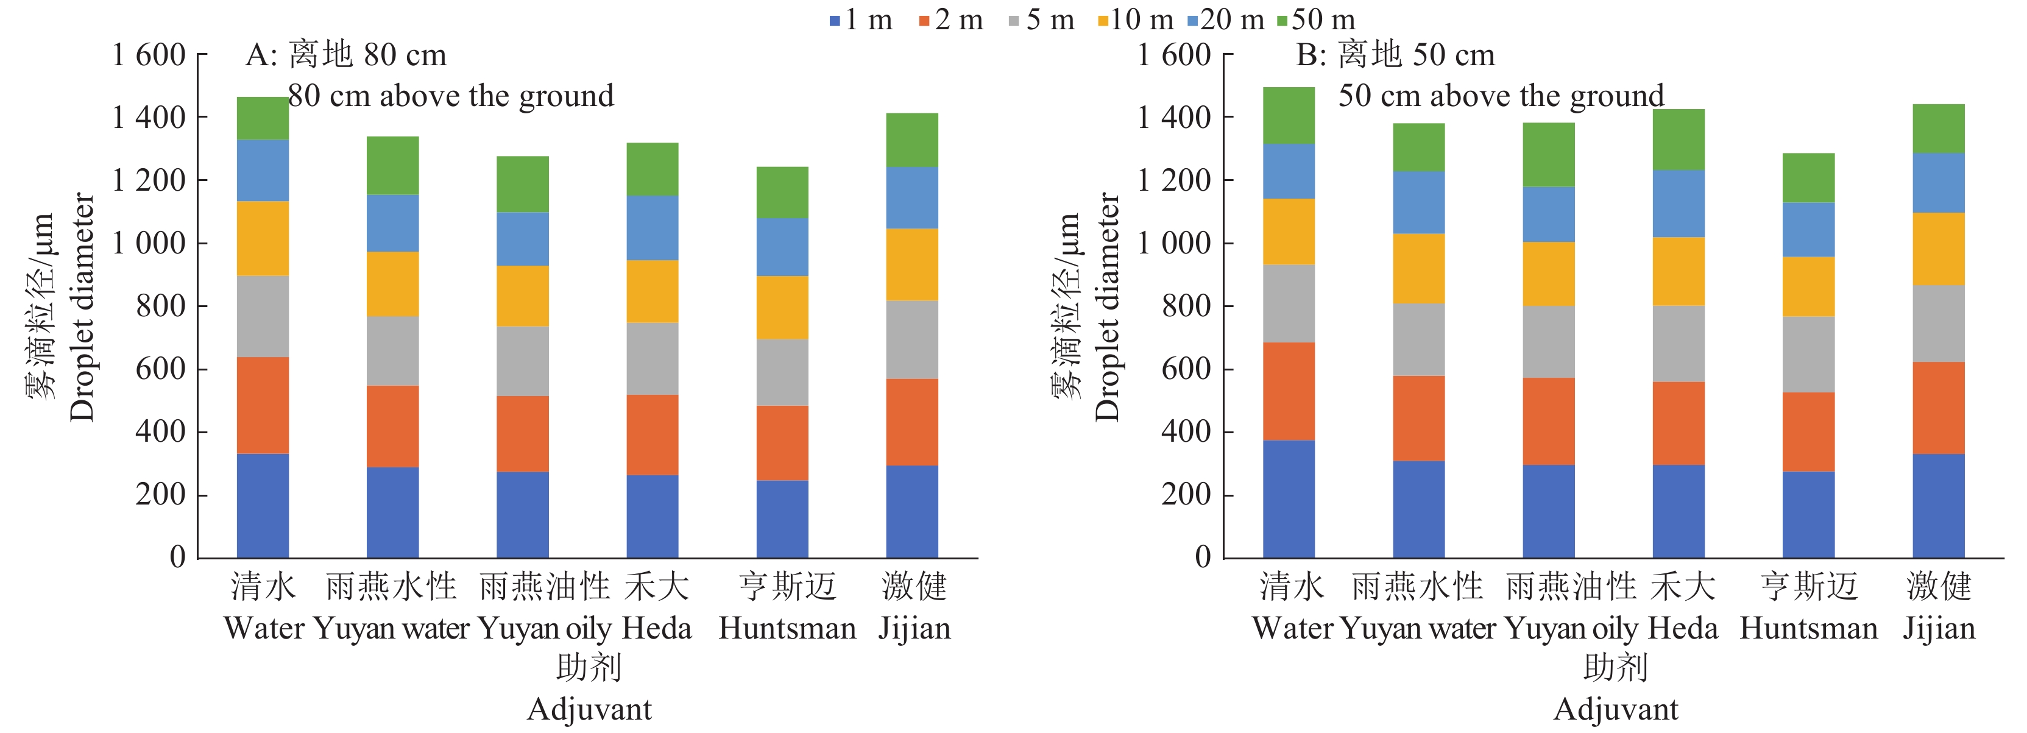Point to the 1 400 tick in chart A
pos(149,118)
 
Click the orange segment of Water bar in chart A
pos(263,405)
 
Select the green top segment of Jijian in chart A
pos(912,140)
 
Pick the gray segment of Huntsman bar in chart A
pos(782,372)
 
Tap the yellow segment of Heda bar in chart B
pos(1679,271)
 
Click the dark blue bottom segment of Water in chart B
pos(1289,498)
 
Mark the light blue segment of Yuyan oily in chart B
pos(1549,214)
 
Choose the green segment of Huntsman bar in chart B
pos(1808,178)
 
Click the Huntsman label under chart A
pos(787,628)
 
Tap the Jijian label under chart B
pos(1939,628)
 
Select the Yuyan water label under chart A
pos(391,628)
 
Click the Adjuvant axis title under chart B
pos(1616,709)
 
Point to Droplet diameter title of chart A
pos(82,307)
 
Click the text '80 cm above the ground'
pos(451,96)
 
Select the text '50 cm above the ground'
pos(1501,96)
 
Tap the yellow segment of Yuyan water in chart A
pos(392,283)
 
